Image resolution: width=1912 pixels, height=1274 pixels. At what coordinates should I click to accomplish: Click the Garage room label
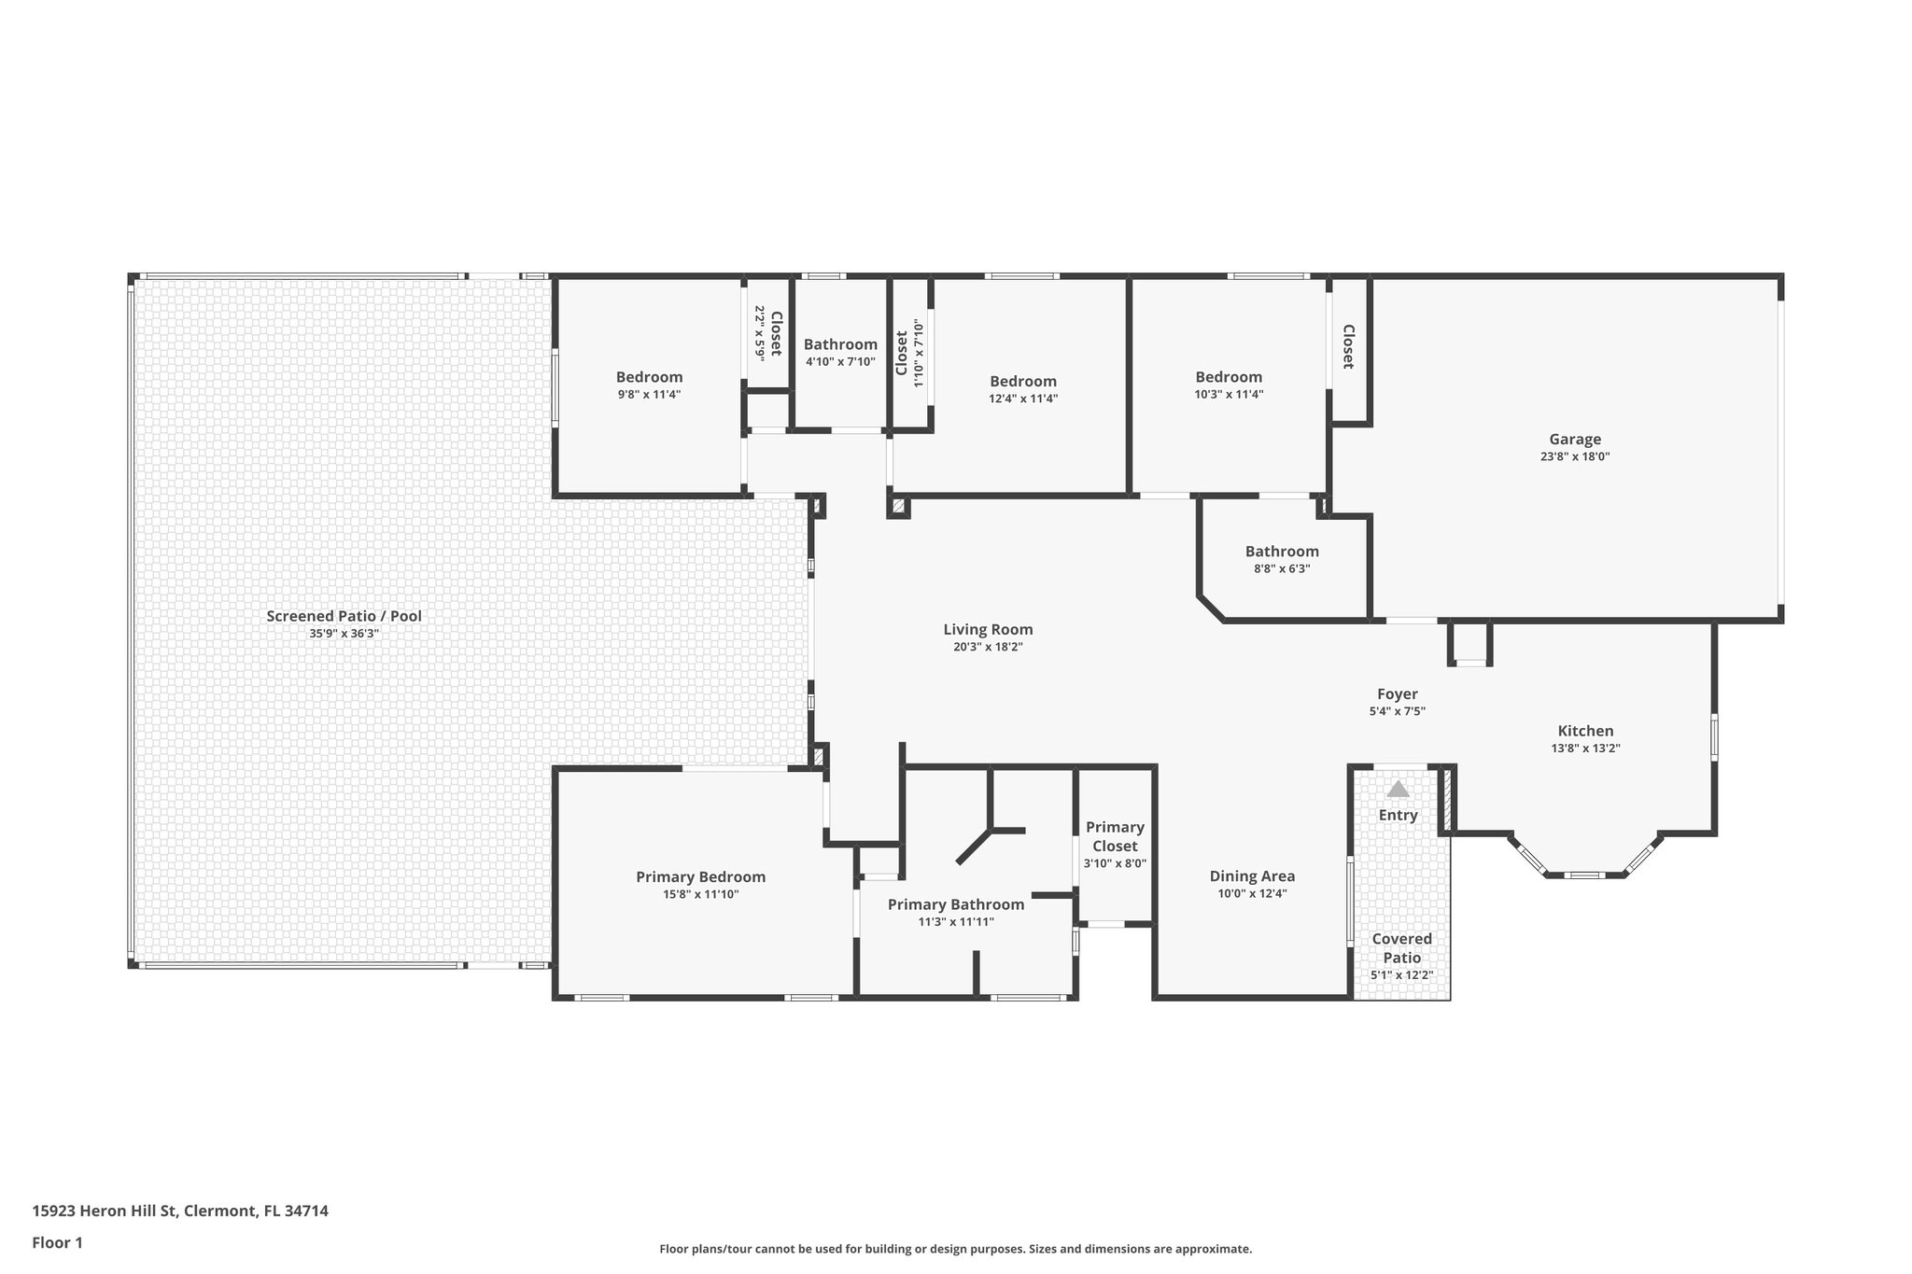click(1574, 440)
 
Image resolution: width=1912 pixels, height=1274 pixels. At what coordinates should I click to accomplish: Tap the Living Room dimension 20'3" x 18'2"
click(988, 647)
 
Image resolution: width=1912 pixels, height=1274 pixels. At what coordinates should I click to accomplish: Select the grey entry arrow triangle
click(1398, 790)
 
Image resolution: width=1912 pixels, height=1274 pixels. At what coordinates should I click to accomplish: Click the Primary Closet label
click(1115, 836)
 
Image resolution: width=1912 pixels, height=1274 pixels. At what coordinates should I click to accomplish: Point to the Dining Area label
click(1252, 875)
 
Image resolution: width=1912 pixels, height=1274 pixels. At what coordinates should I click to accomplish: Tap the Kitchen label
click(1585, 731)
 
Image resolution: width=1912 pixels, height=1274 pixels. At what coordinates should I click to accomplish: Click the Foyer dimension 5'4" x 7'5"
click(1397, 711)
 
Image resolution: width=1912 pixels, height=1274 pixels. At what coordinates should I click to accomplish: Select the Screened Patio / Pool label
click(344, 616)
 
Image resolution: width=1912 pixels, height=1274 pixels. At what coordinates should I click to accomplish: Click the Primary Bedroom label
click(700, 876)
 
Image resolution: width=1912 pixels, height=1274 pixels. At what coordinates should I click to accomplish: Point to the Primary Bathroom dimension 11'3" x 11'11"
click(955, 922)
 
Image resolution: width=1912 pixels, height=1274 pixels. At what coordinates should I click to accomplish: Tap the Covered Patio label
click(1401, 947)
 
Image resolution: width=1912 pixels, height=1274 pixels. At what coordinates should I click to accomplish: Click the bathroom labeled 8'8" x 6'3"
click(1282, 552)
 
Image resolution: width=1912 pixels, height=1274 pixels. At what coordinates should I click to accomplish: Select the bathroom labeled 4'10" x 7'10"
click(840, 344)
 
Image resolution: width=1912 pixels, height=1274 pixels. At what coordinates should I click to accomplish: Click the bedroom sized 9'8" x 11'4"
click(649, 377)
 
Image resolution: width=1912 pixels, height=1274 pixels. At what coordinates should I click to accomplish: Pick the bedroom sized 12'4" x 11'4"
click(1023, 381)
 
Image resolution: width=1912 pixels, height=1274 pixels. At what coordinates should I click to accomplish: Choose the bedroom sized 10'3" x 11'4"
click(1229, 377)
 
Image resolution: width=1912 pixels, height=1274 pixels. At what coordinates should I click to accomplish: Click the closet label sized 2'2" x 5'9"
click(775, 333)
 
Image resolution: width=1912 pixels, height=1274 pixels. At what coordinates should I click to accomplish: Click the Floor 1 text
click(57, 1242)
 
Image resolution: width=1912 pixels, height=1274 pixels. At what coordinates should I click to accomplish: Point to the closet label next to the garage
click(1348, 346)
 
